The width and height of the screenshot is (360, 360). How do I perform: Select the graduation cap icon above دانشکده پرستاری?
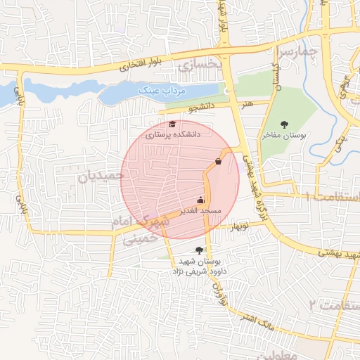click(x=172, y=124)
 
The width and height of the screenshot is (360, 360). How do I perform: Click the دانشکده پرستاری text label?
click(x=173, y=134)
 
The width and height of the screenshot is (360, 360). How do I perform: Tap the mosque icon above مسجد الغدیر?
click(x=201, y=200)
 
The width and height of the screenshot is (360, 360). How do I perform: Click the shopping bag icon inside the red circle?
click(x=218, y=162)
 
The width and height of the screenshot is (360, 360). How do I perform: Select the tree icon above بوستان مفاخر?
click(x=284, y=124)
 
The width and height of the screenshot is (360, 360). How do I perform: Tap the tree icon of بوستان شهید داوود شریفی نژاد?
click(x=200, y=250)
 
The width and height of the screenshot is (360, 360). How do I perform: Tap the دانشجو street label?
click(x=202, y=108)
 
